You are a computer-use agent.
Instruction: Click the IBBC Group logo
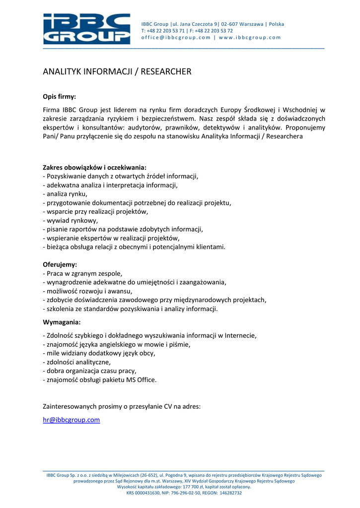click(x=86, y=29)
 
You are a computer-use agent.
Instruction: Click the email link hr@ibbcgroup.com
click(x=72, y=420)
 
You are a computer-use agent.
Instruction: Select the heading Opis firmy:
click(x=59, y=97)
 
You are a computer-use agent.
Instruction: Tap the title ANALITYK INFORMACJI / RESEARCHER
click(x=117, y=72)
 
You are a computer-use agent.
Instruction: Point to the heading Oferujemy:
click(x=60, y=264)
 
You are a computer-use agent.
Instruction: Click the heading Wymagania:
click(x=62, y=322)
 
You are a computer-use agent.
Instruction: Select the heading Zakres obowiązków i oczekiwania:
click(x=94, y=167)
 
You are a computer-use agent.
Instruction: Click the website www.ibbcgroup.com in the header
click(x=250, y=38)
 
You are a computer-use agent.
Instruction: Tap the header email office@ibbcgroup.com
click(x=176, y=38)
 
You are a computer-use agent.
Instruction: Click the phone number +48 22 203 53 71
click(x=166, y=31)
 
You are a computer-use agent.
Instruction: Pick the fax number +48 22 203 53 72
click(x=216, y=31)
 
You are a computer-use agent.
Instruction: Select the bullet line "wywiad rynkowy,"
click(x=72, y=220)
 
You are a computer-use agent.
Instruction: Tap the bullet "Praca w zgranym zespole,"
click(x=84, y=273)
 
